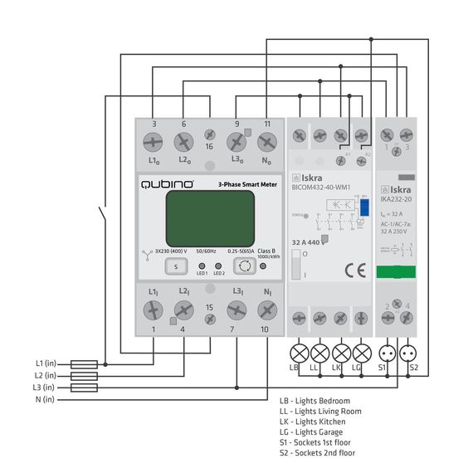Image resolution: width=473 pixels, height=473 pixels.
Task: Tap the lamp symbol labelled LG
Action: (361, 352)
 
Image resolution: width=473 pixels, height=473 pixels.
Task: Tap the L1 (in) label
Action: (45, 363)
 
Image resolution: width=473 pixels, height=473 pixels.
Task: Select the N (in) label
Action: (45, 399)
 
